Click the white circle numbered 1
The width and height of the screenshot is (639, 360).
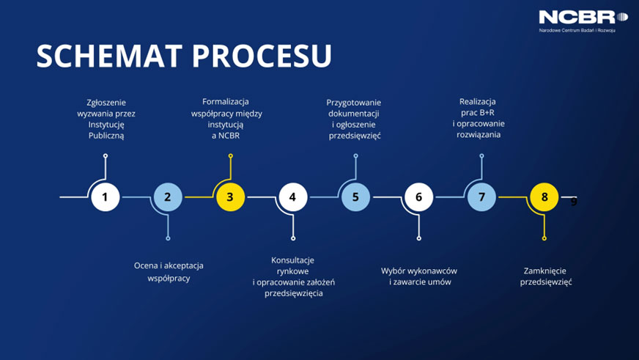(105, 196)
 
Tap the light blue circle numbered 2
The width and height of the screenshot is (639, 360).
(168, 196)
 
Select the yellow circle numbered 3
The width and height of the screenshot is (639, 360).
(230, 196)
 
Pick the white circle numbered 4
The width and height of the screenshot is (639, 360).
(292, 196)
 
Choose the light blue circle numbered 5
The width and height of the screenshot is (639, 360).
(355, 196)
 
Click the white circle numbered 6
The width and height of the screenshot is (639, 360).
(418, 196)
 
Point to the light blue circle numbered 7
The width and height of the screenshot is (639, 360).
(481, 196)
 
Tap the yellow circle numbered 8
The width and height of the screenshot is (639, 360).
(544, 196)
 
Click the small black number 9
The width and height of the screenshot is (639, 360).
(574, 202)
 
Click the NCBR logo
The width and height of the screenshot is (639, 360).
(583, 18)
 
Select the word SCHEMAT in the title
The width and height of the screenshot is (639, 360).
(107, 56)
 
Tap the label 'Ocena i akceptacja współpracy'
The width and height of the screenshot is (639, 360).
(169, 271)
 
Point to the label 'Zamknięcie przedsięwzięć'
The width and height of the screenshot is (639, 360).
(546, 276)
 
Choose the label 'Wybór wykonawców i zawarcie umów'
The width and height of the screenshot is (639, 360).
(420, 276)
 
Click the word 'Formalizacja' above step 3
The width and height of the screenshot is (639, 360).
(226, 101)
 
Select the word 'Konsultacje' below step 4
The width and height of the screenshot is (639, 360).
(292, 260)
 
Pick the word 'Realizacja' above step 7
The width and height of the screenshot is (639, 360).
(478, 101)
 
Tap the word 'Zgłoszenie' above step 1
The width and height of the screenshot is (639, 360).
(106, 102)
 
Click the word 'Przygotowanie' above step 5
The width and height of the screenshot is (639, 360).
(354, 102)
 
